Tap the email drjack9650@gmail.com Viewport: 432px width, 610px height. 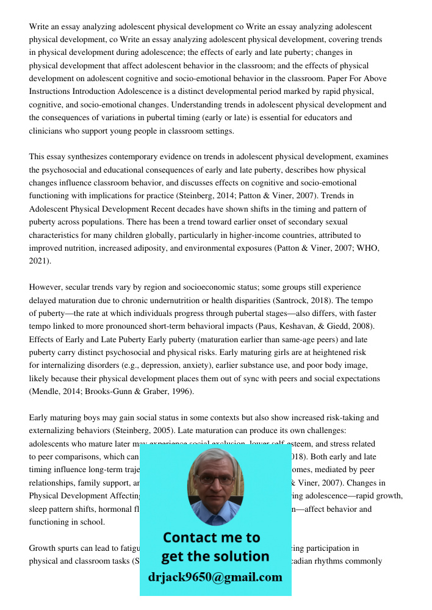[x=215, y=577]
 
